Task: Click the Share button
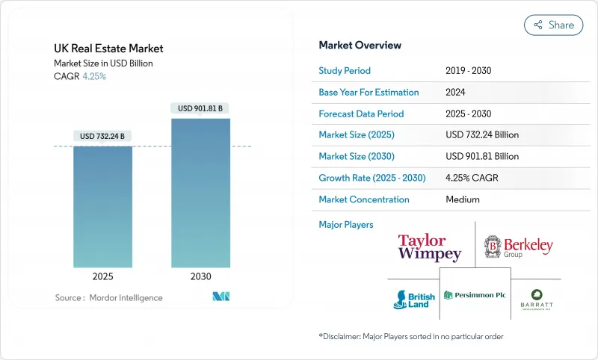click(553, 25)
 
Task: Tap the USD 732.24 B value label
click(102, 136)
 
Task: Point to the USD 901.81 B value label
click(200, 108)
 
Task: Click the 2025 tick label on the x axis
click(102, 276)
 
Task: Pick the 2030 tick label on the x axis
click(200, 276)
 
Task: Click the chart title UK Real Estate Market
click(108, 49)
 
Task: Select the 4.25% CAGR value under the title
click(93, 76)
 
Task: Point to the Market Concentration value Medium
click(463, 199)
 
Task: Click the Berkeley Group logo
click(518, 246)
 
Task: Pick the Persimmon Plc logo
click(475, 295)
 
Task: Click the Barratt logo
click(537, 300)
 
